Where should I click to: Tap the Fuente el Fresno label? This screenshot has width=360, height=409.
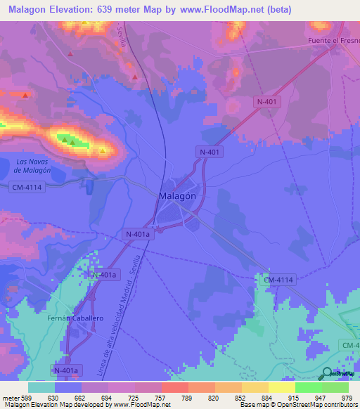[333, 41]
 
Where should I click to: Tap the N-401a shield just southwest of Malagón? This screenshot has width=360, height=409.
[137, 234]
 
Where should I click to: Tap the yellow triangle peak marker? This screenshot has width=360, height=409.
[103, 150]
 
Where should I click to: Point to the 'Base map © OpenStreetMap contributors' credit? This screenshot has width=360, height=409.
[297, 405]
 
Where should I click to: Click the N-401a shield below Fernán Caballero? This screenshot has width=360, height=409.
[67, 369]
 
